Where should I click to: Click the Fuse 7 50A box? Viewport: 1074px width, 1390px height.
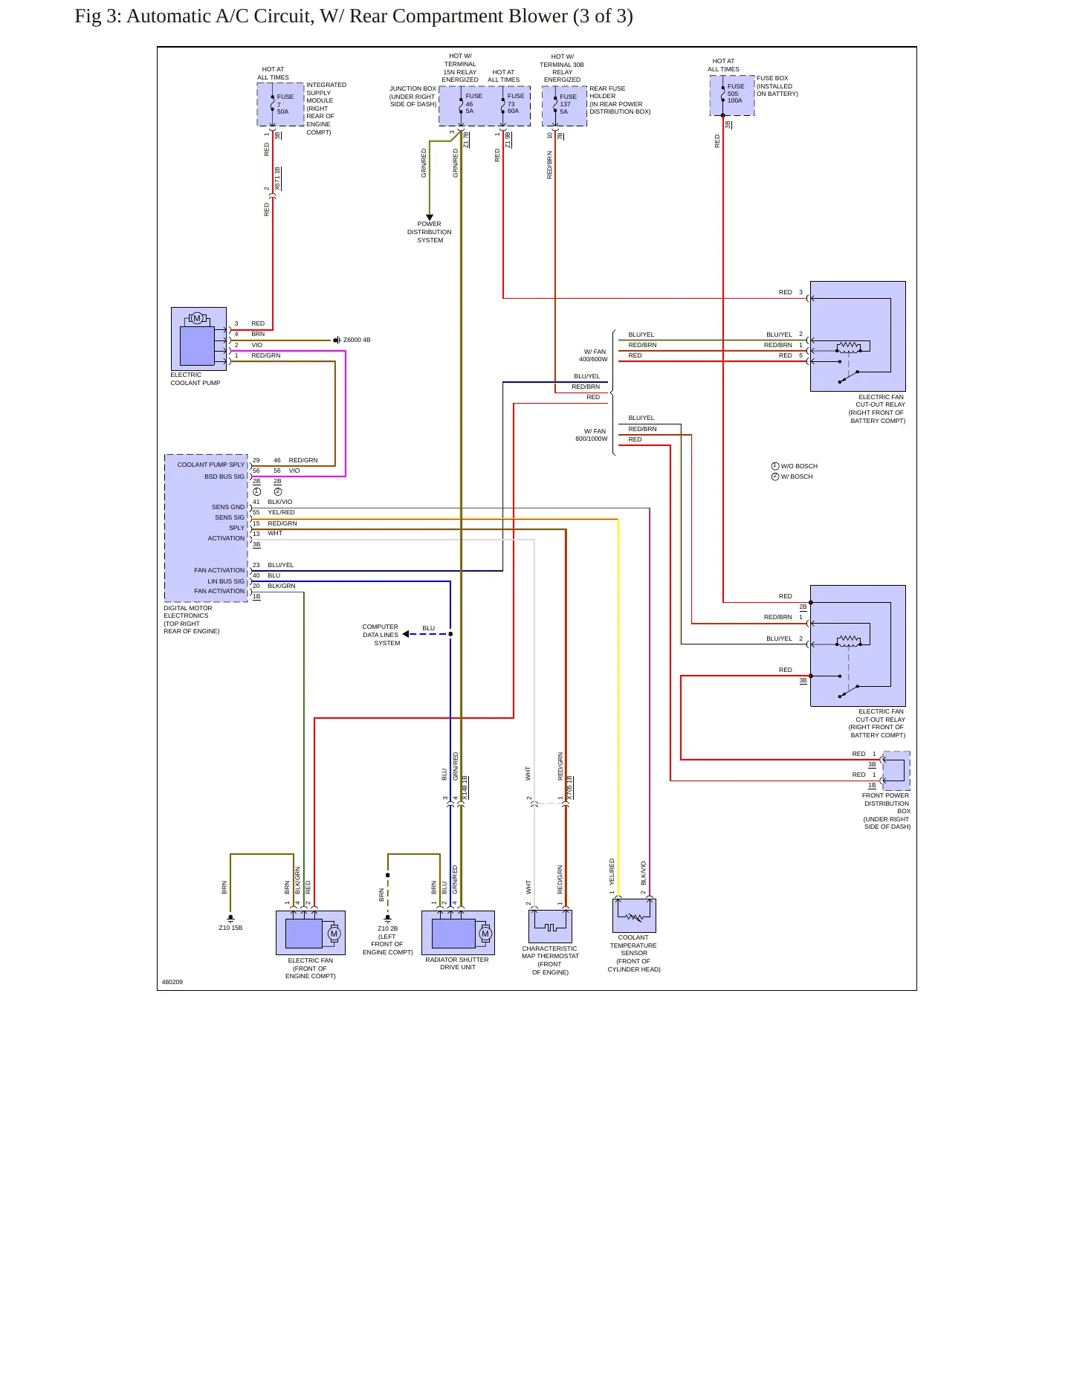coord(280,104)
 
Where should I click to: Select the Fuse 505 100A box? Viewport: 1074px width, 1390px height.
coord(732,95)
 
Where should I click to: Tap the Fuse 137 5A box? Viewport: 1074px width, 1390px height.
coord(564,106)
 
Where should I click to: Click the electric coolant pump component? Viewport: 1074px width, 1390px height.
coord(198,338)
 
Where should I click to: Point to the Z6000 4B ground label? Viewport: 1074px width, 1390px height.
coord(356,340)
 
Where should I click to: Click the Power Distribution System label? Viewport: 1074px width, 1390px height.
coord(430,232)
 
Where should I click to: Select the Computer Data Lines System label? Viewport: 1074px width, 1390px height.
coord(381,635)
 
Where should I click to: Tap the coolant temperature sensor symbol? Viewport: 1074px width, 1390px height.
coord(634,915)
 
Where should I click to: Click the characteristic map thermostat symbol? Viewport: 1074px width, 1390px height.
coord(550,926)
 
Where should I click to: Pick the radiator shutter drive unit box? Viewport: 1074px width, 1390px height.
coord(458,933)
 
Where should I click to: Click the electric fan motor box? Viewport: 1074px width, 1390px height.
coord(311,933)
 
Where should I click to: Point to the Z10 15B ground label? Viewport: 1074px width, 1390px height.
coord(230,928)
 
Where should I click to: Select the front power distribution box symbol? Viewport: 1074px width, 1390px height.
coord(896,771)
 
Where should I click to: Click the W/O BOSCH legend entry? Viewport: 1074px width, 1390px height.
coord(795,466)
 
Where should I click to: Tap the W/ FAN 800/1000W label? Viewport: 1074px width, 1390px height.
coord(592,435)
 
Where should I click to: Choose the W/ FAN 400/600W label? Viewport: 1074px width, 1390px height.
coord(593,355)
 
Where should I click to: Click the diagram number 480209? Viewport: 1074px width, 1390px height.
coord(172,982)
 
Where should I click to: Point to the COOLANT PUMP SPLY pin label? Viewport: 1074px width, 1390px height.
coord(211,465)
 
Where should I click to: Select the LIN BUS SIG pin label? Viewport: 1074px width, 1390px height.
coord(226,581)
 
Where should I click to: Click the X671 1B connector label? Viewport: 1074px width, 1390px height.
coord(277,180)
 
